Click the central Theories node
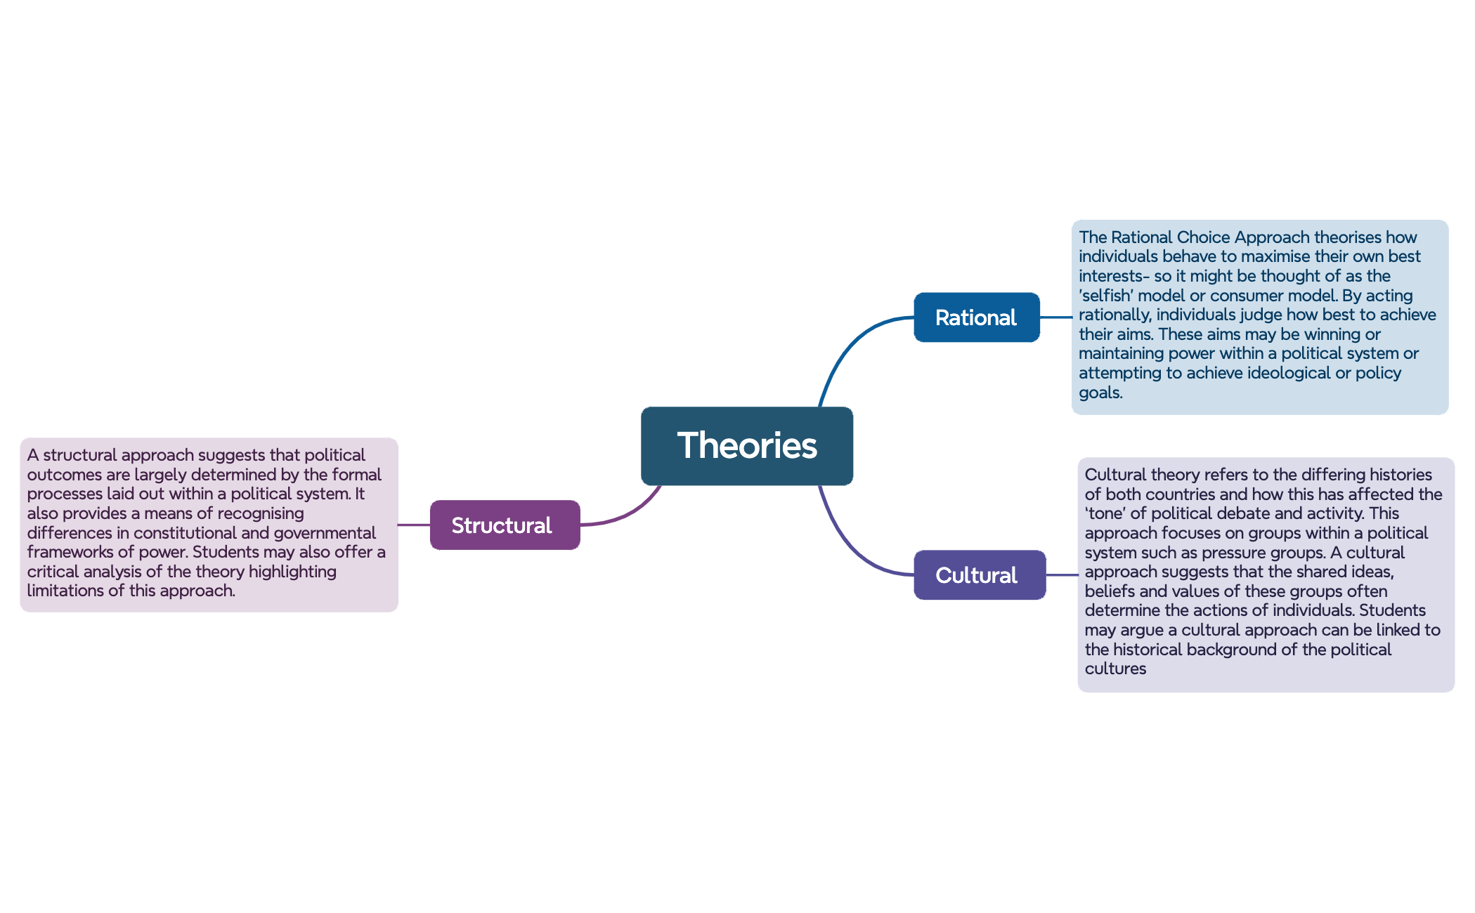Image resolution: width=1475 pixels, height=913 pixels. coord(747,446)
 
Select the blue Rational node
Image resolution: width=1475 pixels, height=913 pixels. coord(977,317)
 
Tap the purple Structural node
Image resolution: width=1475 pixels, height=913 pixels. coord(505,525)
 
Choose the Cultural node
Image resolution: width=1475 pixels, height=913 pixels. coord(980,574)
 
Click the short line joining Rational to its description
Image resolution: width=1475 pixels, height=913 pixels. coord(1056,317)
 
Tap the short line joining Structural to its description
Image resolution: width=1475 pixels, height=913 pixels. coord(414,525)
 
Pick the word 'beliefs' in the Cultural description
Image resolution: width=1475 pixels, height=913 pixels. coord(1110,591)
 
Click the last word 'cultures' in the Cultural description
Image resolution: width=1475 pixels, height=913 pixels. coord(1115,669)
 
